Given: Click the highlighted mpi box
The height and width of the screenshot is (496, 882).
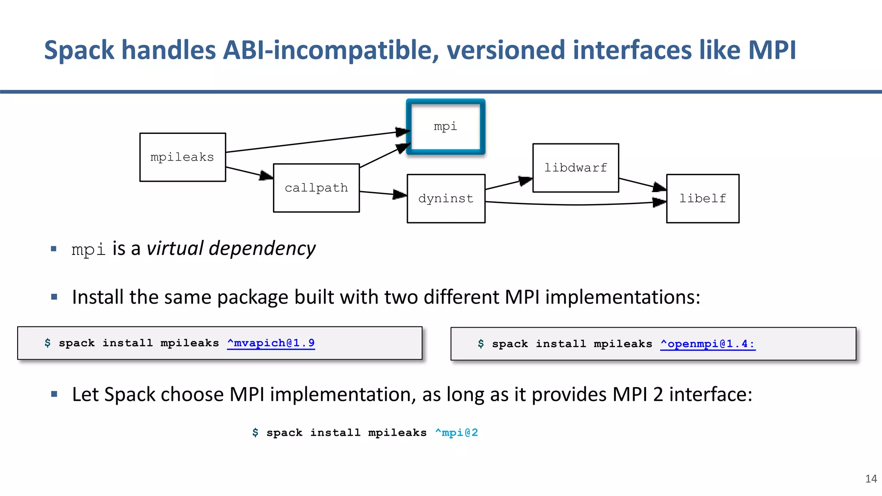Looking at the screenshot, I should point(445,127).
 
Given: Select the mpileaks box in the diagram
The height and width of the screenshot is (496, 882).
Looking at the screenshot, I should point(183,157).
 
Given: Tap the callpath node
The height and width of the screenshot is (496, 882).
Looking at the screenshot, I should point(316,188).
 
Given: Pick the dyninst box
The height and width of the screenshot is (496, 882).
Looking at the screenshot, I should point(446,198).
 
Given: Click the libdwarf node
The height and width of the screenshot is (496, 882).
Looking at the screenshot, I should point(575,168).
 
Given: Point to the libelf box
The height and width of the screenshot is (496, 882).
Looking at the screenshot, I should point(702,198).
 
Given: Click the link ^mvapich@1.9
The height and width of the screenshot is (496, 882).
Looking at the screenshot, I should point(271,343).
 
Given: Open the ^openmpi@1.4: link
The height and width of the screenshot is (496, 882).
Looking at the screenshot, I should point(708,344).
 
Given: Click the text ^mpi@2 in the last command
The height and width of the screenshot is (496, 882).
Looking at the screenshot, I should point(457,433).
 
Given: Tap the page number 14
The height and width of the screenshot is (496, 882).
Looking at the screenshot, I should point(871,479).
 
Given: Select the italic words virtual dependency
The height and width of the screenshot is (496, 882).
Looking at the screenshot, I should point(231,249).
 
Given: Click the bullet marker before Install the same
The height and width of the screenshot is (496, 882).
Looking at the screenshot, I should point(54,297).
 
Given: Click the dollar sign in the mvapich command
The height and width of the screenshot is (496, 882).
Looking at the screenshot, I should point(47,343).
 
